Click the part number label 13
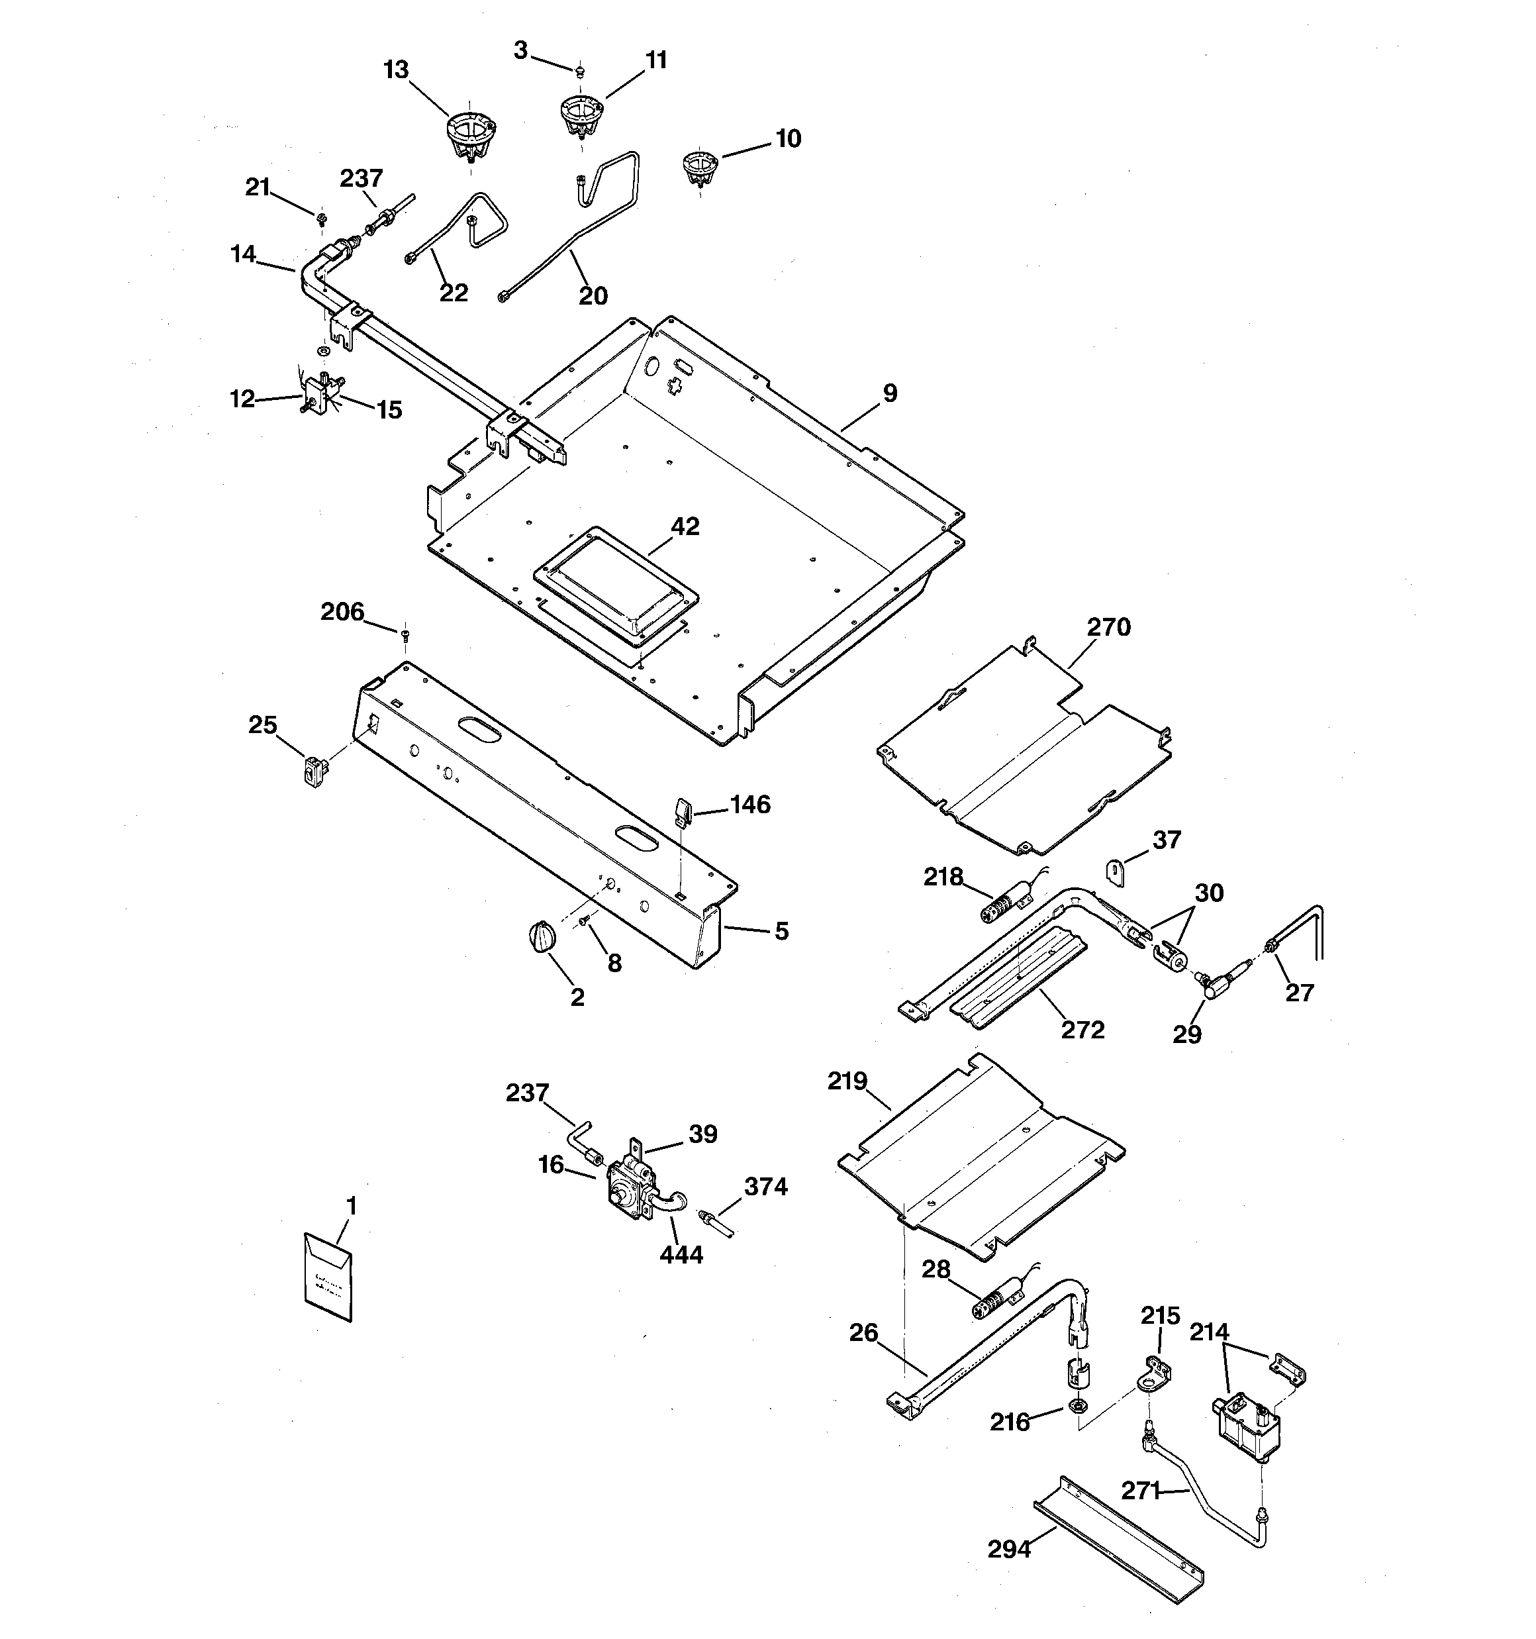[396, 70]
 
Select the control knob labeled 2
[541, 938]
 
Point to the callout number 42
[685, 526]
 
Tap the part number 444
[681, 1255]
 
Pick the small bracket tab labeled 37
[1115, 871]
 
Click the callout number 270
[1108, 627]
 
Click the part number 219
[847, 1081]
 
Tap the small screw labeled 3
[581, 72]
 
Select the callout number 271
[1140, 1491]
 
